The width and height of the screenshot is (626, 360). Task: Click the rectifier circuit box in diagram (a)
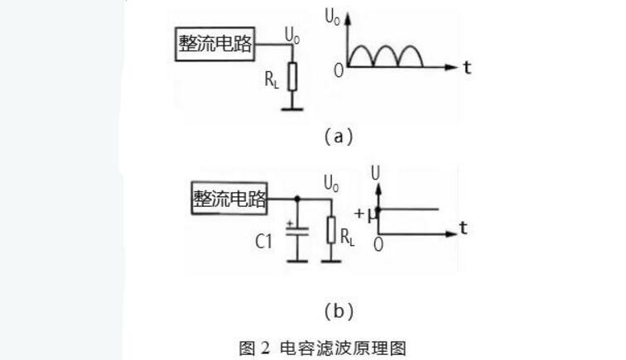(x=214, y=44)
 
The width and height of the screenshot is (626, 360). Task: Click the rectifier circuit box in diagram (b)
(x=229, y=198)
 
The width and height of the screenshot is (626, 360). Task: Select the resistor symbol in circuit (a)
(x=292, y=76)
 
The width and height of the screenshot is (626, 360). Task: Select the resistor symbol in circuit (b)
(x=331, y=230)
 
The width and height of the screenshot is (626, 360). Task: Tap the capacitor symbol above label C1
(x=297, y=231)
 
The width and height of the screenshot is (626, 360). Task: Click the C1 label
(x=263, y=242)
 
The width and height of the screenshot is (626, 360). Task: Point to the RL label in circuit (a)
(x=272, y=79)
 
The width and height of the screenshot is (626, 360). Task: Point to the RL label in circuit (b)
(x=347, y=237)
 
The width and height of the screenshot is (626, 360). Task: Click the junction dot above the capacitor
(x=297, y=199)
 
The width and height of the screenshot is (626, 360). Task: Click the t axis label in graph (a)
(x=467, y=68)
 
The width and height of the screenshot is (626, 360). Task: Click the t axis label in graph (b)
(x=463, y=228)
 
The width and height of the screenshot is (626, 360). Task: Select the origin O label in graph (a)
(x=339, y=71)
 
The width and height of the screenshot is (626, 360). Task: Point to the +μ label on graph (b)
(x=366, y=214)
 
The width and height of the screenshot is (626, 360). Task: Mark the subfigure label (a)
(x=339, y=137)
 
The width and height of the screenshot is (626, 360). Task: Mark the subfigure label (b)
(x=339, y=311)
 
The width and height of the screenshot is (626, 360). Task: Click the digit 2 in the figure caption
(x=266, y=348)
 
